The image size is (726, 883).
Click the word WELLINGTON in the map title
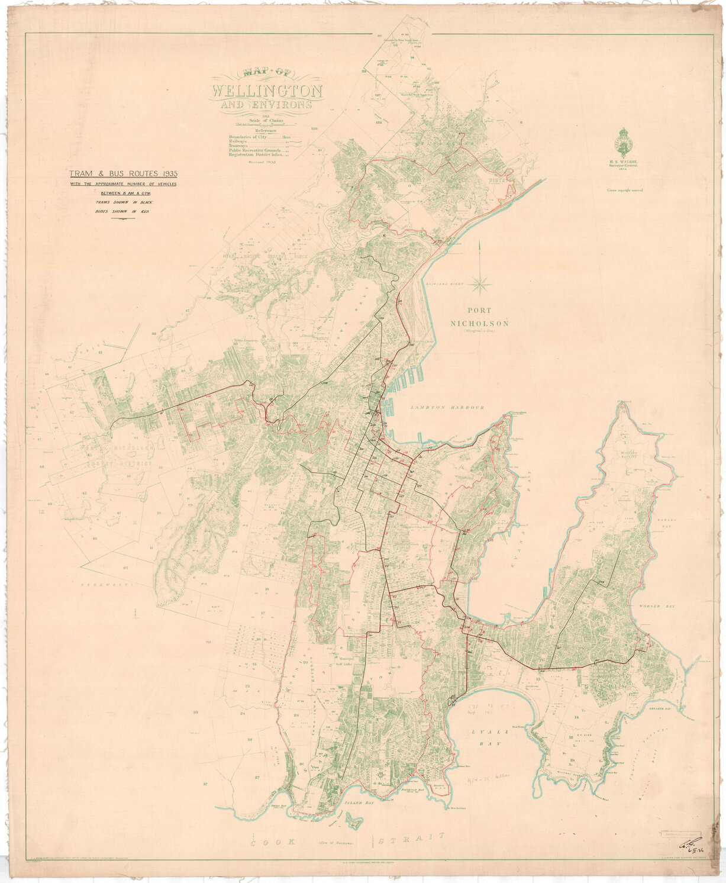click(x=267, y=92)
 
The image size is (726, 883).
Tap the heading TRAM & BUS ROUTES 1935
click(x=123, y=174)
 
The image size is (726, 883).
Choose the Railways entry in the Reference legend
click(x=240, y=141)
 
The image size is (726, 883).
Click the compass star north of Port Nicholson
click(x=480, y=283)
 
